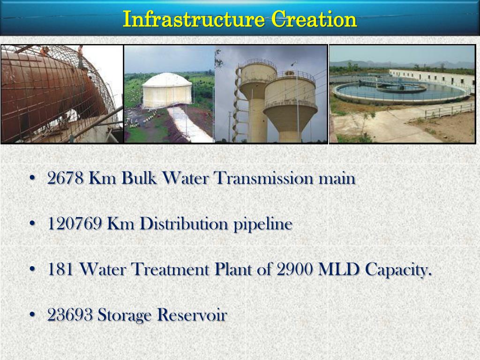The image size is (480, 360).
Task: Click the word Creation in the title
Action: pos(315,20)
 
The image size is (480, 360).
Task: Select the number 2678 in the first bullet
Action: pos(66,179)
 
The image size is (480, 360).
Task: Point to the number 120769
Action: pos(75,224)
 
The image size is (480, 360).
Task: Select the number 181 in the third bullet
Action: pos(60,270)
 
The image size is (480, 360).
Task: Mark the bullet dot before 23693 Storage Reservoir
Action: pos(32,315)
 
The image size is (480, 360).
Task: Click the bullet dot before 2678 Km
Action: pos(32,179)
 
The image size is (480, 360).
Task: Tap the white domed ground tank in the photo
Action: pos(167,90)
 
